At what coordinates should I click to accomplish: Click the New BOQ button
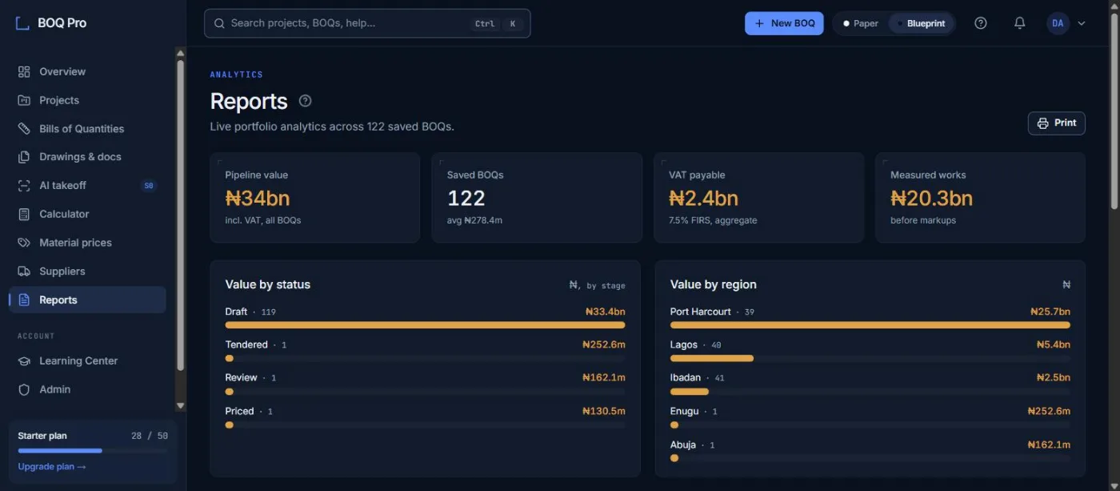pyautogui.click(x=784, y=23)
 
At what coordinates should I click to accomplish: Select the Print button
pyautogui.click(x=1057, y=123)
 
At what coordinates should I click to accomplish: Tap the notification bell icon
pyautogui.click(x=1019, y=23)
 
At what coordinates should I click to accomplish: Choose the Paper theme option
pyautogui.click(x=861, y=23)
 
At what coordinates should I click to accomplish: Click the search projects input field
pyautogui.click(x=367, y=23)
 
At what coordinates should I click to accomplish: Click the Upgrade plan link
pyautogui.click(x=52, y=466)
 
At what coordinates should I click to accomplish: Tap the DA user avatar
pyautogui.click(x=1058, y=23)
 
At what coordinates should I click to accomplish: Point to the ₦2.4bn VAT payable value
pyautogui.click(x=703, y=198)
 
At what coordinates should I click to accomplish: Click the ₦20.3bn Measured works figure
pyautogui.click(x=931, y=198)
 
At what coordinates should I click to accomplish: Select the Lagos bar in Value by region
pyautogui.click(x=711, y=358)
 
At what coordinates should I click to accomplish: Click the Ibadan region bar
pyautogui.click(x=690, y=392)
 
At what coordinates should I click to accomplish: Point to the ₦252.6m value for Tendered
pyautogui.click(x=603, y=344)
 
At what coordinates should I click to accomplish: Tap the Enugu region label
pyautogui.click(x=684, y=411)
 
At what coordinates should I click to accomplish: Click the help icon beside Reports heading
pyautogui.click(x=305, y=101)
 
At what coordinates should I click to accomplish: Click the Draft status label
pyautogui.click(x=236, y=312)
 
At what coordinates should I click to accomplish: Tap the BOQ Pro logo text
pyautogui.click(x=62, y=23)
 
